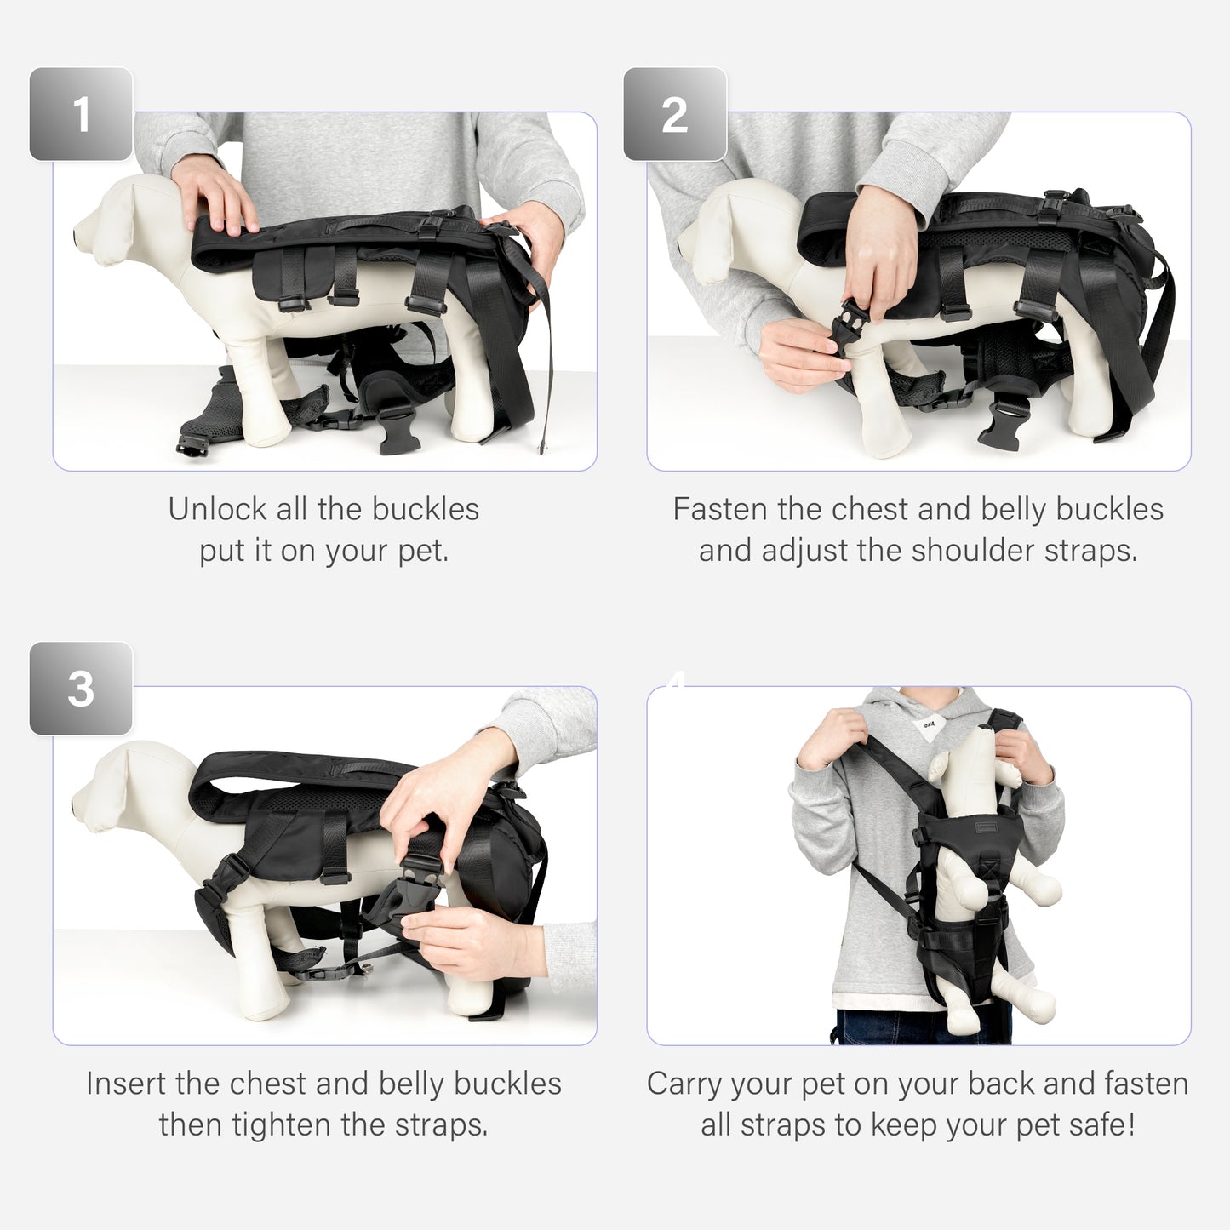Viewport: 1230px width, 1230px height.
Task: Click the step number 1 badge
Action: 81,114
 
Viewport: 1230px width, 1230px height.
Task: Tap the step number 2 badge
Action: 674,114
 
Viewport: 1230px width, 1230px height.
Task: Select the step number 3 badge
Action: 81,688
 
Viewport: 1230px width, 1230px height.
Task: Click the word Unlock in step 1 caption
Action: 217,509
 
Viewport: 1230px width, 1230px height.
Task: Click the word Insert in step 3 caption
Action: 126,1084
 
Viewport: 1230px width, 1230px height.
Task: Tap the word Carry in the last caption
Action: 684,1084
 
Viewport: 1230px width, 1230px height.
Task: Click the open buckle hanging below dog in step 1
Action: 398,430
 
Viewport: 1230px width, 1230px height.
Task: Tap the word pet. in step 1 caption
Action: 423,551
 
